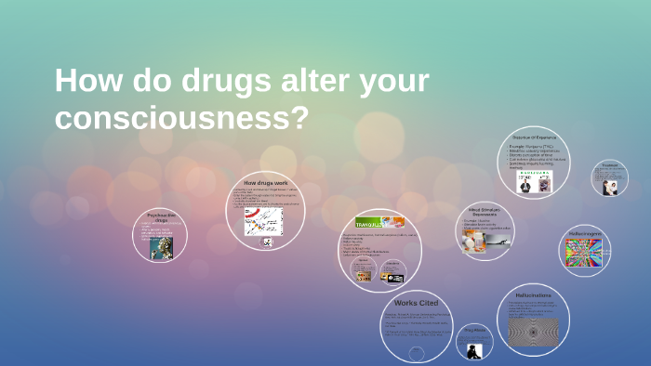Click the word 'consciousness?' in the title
point(180,118)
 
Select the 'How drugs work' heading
point(266,183)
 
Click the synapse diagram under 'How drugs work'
point(263,220)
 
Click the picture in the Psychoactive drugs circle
point(163,248)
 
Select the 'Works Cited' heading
point(416,303)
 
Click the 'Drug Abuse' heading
point(474,330)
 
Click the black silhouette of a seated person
point(474,349)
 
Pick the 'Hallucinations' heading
point(533,294)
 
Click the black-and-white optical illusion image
point(533,331)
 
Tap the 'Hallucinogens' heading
point(585,233)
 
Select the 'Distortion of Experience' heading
point(534,137)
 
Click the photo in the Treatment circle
point(610,187)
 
